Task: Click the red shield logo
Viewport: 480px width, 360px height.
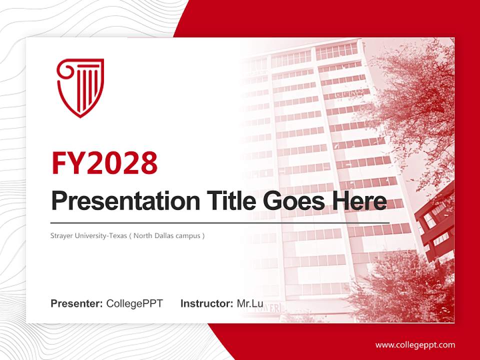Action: click(80, 88)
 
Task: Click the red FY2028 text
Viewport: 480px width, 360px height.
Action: click(104, 162)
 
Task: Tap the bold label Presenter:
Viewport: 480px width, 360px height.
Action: click(77, 303)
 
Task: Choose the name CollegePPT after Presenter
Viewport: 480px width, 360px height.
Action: click(134, 303)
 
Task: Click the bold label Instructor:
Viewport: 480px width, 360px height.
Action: click(206, 303)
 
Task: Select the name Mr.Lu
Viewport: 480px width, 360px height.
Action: click(250, 303)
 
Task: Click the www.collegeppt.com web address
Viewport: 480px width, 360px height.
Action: click(415, 344)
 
